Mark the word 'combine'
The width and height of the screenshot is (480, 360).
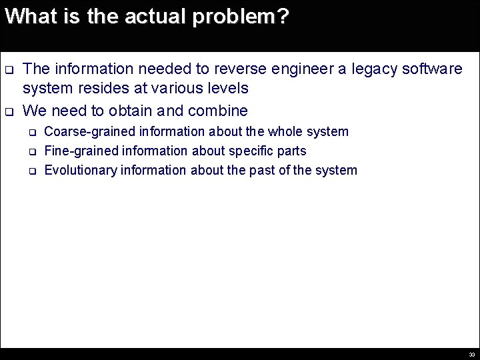tap(218, 111)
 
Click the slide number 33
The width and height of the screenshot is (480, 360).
tap(471, 355)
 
